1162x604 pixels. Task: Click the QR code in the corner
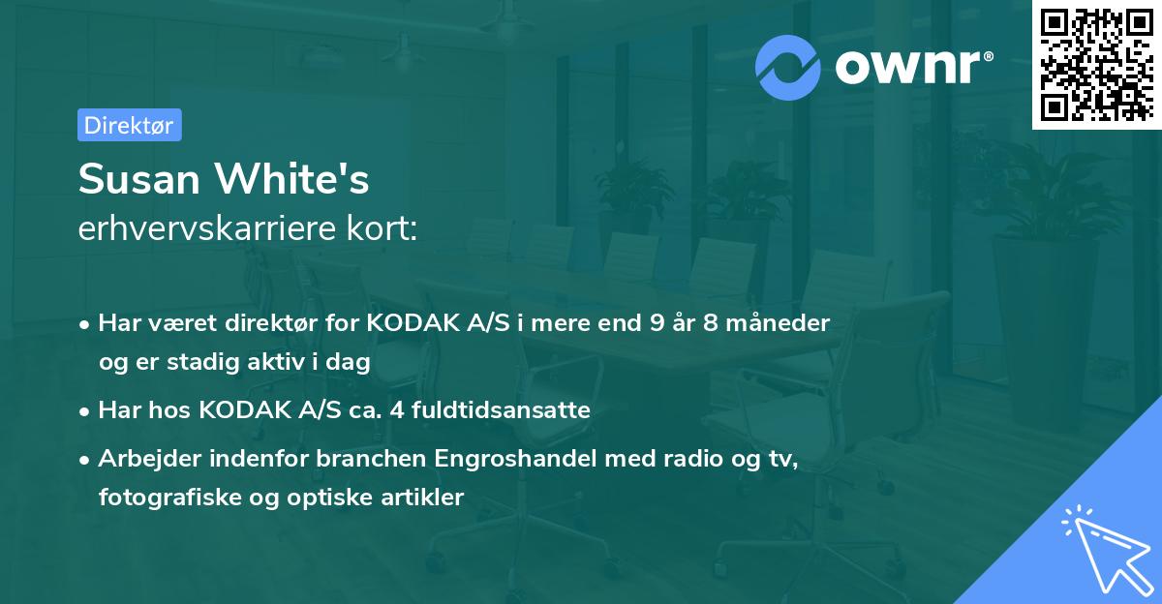(x=1097, y=64)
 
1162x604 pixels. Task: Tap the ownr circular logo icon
(x=788, y=67)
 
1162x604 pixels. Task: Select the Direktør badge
(x=129, y=125)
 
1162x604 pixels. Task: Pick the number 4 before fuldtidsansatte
(x=395, y=410)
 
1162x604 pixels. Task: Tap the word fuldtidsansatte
(x=501, y=410)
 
